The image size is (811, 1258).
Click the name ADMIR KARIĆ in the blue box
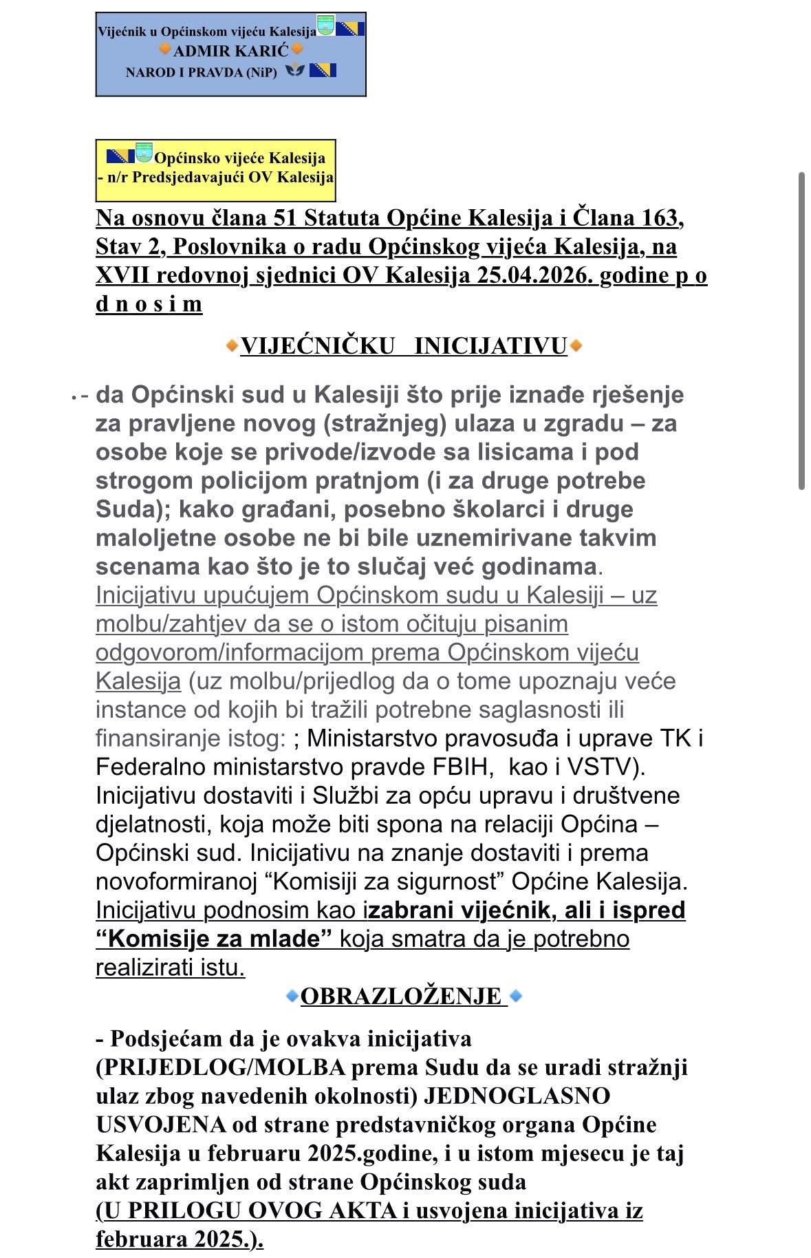(x=230, y=51)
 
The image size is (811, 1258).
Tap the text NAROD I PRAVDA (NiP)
(x=201, y=72)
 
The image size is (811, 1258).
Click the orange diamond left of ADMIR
(x=165, y=50)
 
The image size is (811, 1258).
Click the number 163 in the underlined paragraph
(x=660, y=218)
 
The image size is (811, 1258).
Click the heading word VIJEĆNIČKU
(x=317, y=345)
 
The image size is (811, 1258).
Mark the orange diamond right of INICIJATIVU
(x=576, y=345)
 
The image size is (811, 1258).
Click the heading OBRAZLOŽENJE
(x=401, y=996)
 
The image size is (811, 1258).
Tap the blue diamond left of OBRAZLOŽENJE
(x=292, y=996)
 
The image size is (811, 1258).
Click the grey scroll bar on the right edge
(x=801, y=330)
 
